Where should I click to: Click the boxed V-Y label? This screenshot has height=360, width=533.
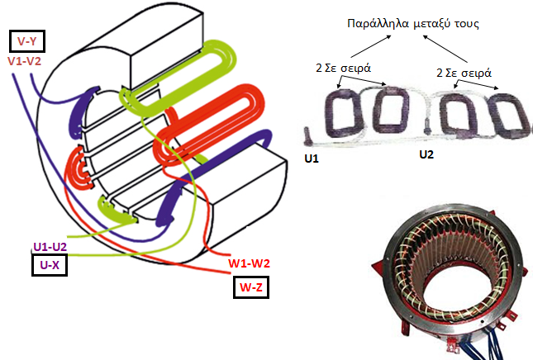click(x=26, y=41)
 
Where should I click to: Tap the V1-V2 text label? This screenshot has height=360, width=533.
click(x=25, y=61)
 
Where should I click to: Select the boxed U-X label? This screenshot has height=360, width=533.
click(x=50, y=265)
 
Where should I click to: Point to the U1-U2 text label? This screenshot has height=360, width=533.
click(x=50, y=247)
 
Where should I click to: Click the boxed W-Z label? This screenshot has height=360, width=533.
click(x=251, y=287)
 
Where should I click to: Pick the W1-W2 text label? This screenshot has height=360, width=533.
click(x=250, y=263)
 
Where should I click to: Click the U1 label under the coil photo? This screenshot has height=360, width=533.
click(x=312, y=159)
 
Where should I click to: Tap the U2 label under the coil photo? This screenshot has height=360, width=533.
click(x=426, y=154)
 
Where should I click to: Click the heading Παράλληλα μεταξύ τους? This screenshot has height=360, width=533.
click(x=413, y=24)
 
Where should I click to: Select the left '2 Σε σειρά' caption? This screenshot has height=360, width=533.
click(x=343, y=68)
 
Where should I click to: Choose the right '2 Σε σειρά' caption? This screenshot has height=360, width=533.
click(x=464, y=73)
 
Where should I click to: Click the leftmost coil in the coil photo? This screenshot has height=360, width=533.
click(x=344, y=113)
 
